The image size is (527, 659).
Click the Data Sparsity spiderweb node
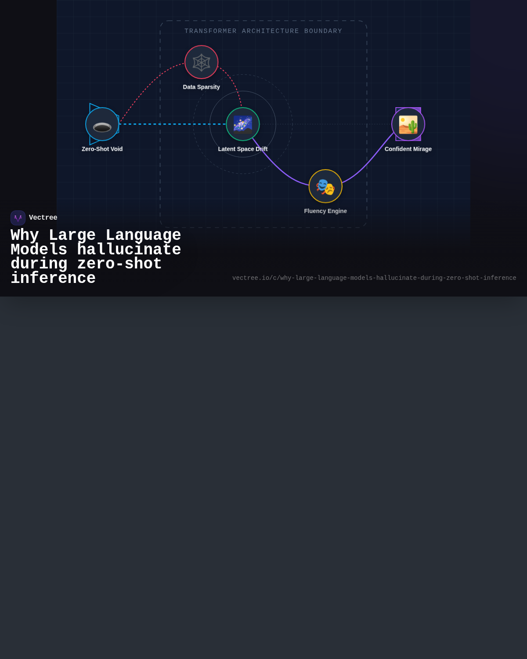tap(201, 62)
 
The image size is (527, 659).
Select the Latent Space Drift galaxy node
tap(242, 124)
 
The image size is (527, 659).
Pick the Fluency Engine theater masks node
tap(325, 186)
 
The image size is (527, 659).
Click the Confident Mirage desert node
tap(408, 124)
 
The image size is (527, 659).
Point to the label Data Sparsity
tap(201, 87)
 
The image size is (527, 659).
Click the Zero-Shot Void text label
tap(102, 149)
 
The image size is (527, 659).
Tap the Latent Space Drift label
tap(242, 149)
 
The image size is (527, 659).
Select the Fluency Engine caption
tap(325, 211)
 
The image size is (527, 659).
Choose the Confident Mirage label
tap(408, 149)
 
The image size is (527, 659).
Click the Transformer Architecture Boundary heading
tap(263, 31)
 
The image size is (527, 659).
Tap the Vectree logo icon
tap(18, 218)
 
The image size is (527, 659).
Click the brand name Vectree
tap(43, 217)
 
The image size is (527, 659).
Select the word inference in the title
tap(53, 278)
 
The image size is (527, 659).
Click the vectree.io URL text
tap(374, 278)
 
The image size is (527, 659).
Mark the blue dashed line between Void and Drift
tap(173, 124)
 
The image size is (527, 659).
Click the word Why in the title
tap(25, 235)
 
